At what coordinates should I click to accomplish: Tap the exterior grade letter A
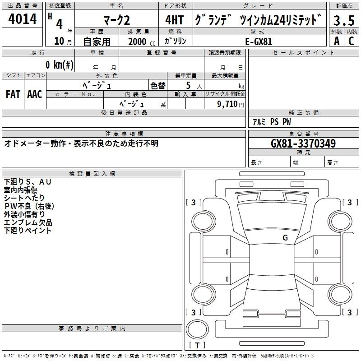(336, 41)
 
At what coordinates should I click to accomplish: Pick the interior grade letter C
(351, 41)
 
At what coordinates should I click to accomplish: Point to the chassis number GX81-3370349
(303, 143)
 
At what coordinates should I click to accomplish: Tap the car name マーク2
(116, 20)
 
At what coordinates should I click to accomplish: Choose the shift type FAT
(13, 94)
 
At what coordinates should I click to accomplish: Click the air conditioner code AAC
(34, 94)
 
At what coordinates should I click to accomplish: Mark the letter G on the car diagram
(285, 237)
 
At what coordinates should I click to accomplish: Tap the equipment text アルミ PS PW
(272, 122)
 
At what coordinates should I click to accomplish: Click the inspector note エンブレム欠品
(28, 222)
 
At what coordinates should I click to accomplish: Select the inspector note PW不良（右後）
(29, 206)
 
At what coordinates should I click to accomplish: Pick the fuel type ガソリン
(176, 41)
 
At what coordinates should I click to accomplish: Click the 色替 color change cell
(158, 85)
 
